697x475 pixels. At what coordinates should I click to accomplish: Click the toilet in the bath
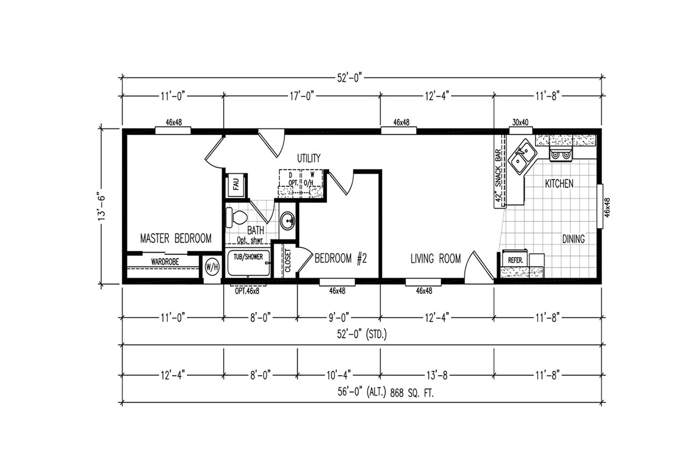tap(236, 217)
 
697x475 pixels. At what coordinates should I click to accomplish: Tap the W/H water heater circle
tap(212, 267)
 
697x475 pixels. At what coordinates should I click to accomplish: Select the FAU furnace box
tap(236, 185)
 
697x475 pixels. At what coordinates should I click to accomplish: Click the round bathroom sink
tap(287, 221)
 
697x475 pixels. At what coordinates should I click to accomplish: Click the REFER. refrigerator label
tap(515, 260)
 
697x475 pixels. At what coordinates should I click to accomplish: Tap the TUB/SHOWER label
tap(248, 257)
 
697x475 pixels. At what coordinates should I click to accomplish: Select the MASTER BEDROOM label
tap(176, 238)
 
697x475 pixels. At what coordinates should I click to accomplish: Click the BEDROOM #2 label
tap(341, 258)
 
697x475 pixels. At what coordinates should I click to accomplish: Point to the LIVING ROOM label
tap(436, 258)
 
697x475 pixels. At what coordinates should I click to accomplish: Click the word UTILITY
tap(308, 159)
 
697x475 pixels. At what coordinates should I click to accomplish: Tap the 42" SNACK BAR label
tap(498, 176)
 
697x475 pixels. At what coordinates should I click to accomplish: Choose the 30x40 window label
tap(520, 123)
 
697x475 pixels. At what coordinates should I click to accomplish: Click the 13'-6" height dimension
tap(102, 208)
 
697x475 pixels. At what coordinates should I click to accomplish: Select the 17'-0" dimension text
tap(301, 96)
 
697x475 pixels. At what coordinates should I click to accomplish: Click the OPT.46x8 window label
tap(247, 291)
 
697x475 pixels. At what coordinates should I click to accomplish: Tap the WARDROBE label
tap(165, 262)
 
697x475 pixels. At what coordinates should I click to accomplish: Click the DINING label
tap(573, 239)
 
